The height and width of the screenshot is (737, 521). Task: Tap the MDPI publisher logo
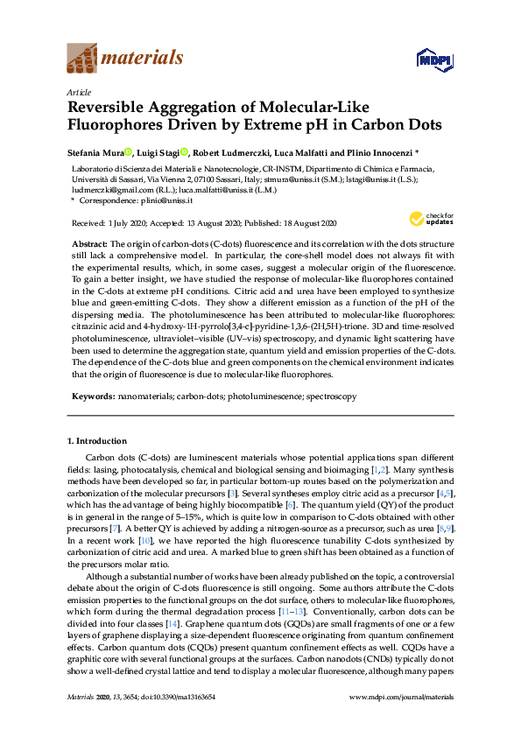(x=430, y=60)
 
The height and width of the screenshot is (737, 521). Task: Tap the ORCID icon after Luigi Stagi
(x=184, y=151)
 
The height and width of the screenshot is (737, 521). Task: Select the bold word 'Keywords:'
(x=91, y=397)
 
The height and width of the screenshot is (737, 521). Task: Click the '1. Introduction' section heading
(x=97, y=440)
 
